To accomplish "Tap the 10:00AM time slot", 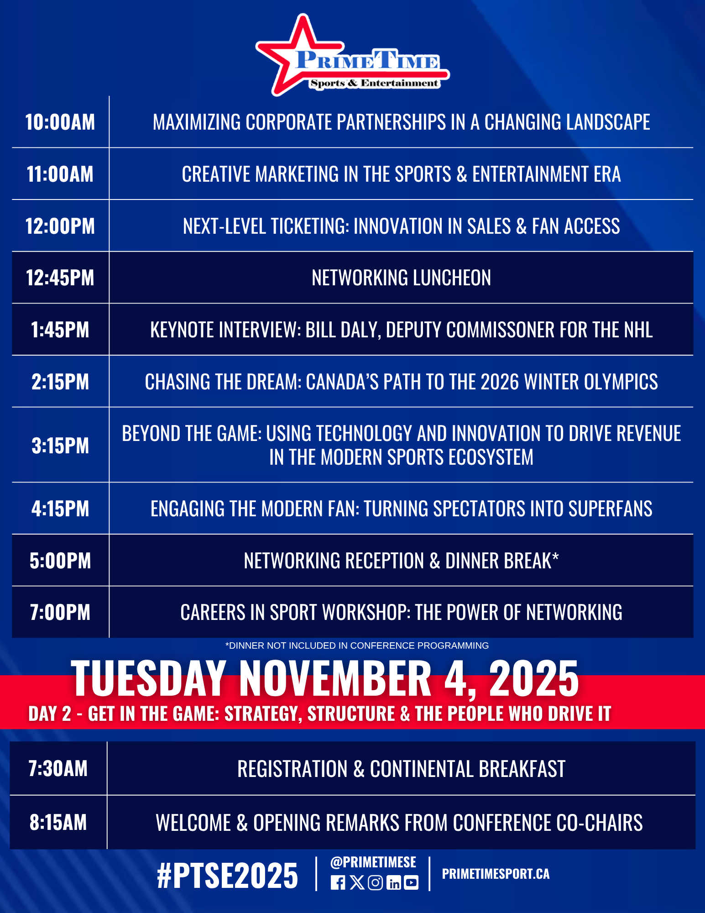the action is pos(60,122).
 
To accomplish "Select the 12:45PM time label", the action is pos(60,278).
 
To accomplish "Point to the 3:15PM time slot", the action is pos(60,446).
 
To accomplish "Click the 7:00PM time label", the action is pos(60,613).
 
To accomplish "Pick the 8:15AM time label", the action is pos(58,823).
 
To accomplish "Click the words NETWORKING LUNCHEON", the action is pos(402,278).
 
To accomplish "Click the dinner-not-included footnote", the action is pos(357,645).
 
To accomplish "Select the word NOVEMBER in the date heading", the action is pos(335,679).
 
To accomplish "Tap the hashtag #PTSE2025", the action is pos(227,876).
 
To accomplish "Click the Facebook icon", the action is pos(338,883).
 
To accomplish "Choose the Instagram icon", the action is pos(375,883).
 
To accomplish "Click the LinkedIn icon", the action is pos(393,883).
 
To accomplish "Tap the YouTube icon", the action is pos(411,883).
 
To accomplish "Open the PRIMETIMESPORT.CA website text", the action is pos(496,874).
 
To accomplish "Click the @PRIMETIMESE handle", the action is pos(373,862).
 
